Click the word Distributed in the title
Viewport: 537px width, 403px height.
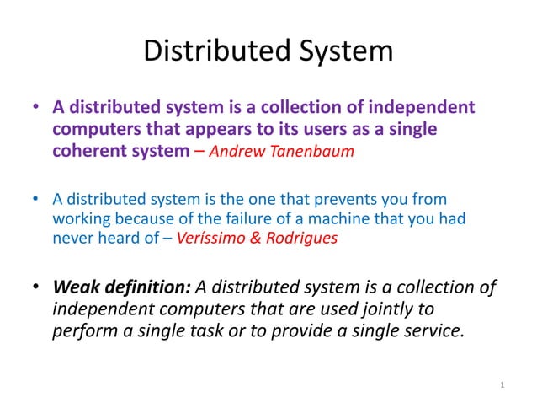pyautogui.click(x=205, y=51)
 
